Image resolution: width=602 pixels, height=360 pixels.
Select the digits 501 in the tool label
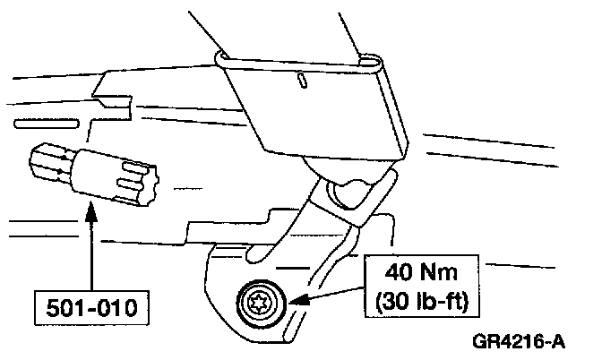(63, 310)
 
